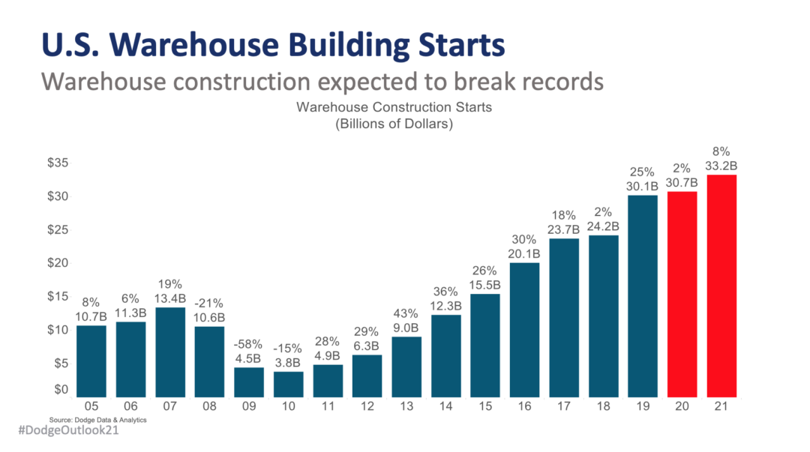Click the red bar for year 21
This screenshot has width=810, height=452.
[721, 286]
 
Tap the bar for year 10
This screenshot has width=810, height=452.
[289, 384]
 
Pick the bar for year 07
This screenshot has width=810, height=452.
[170, 352]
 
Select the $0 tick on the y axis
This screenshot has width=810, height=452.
[60, 390]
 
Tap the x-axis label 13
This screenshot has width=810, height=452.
[406, 406]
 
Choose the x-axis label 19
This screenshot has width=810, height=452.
[643, 406]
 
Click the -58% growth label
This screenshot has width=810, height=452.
[249, 344]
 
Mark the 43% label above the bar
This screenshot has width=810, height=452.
[406, 313]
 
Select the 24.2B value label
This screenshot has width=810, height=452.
[604, 226]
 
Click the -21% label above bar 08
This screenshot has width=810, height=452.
[209, 303]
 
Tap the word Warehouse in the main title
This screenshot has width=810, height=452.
[186, 44]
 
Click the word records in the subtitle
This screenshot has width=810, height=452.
[556, 81]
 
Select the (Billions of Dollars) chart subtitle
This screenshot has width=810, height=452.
[394, 124]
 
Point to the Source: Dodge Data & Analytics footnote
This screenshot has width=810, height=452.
[97, 420]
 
